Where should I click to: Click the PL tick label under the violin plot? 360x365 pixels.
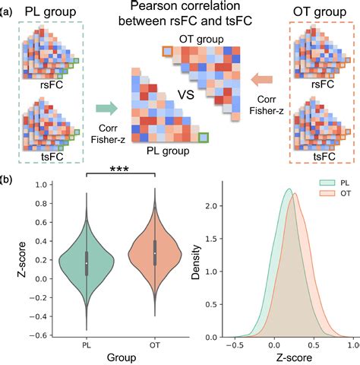tap(87, 344)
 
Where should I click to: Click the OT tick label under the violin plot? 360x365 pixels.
tap(154, 344)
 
